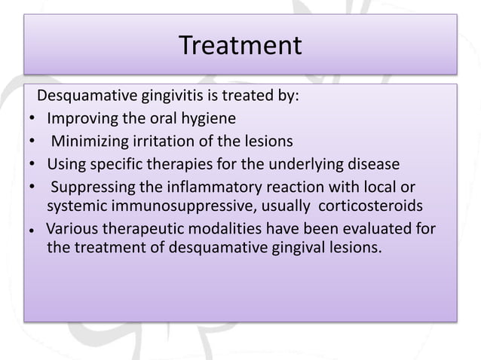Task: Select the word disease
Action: pos(363,163)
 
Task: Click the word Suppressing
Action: pos(96,185)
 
